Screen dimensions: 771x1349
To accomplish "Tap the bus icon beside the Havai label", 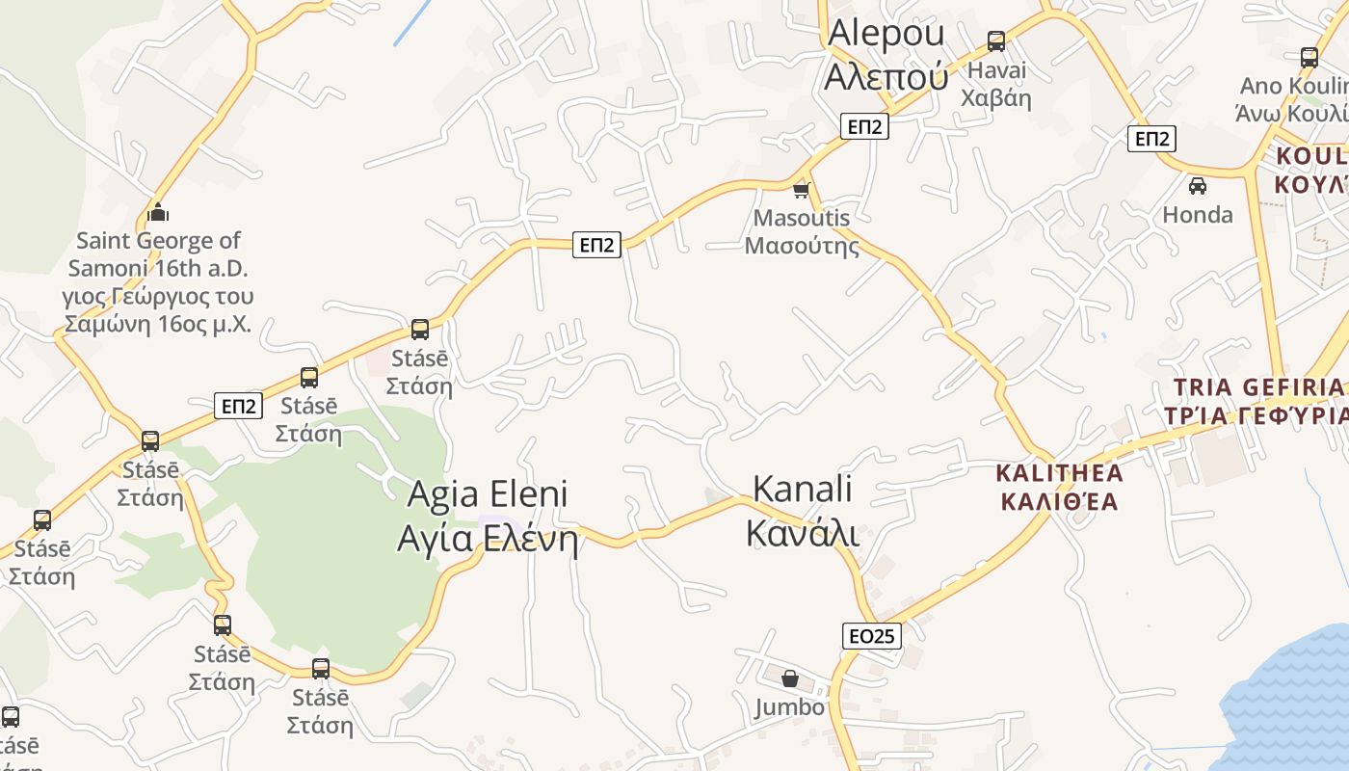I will click(996, 41).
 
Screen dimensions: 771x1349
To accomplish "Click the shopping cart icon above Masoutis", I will click(801, 190).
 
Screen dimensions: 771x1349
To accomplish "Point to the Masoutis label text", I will click(802, 231).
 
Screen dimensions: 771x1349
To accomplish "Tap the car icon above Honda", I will click(1198, 185).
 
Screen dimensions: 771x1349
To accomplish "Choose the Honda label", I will click(1198, 214).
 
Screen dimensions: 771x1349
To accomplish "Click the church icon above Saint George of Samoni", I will click(158, 212).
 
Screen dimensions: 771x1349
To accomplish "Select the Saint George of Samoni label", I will click(158, 281).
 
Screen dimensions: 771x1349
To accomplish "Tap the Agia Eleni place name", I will click(488, 516).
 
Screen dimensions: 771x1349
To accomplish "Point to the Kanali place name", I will click(803, 510).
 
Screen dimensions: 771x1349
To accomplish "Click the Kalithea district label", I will click(1059, 487).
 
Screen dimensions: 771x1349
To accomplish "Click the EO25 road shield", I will click(872, 635).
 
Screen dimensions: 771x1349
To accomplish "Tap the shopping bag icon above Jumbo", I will click(790, 678).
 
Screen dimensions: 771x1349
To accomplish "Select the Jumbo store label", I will click(790, 707).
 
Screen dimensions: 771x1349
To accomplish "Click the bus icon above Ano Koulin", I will click(1309, 57).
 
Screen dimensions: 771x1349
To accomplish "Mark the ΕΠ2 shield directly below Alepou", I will click(863, 126).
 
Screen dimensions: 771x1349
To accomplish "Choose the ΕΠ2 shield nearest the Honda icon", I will click(1151, 139).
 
